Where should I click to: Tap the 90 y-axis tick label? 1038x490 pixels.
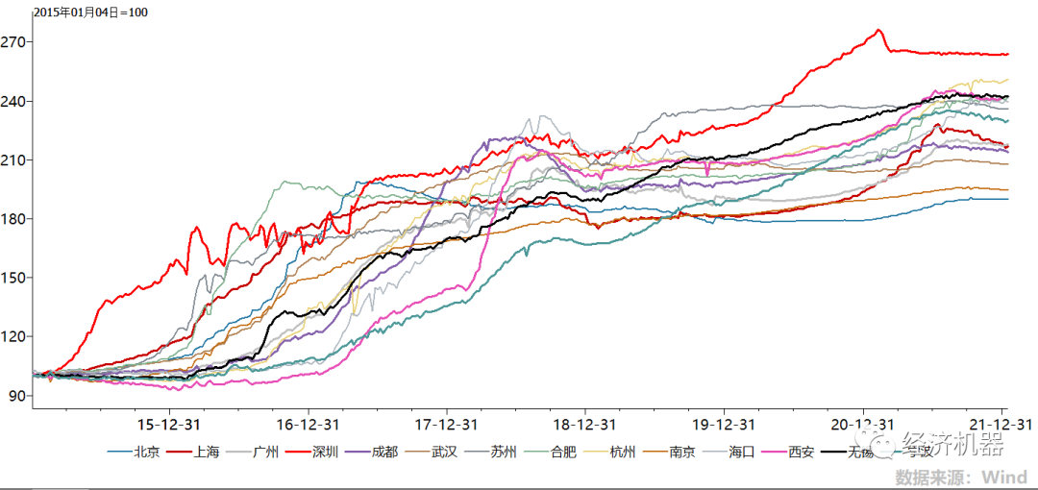(x=18, y=395)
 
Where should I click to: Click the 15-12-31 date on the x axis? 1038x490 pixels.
(x=170, y=424)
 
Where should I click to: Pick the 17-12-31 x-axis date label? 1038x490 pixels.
(x=447, y=424)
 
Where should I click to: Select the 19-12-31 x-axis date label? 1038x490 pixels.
(x=723, y=424)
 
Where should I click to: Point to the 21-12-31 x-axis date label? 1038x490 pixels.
(x=1000, y=424)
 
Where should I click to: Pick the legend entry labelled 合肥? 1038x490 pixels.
(x=563, y=451)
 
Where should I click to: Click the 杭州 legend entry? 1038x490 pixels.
(x=623, y=451)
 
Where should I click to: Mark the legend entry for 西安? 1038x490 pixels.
(x=802, y=451)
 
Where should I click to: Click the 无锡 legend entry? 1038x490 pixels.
(x=861, y=451)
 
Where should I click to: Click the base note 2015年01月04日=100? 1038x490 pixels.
(x=91, y=12)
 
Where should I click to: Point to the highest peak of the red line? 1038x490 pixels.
(x=879, y=30)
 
